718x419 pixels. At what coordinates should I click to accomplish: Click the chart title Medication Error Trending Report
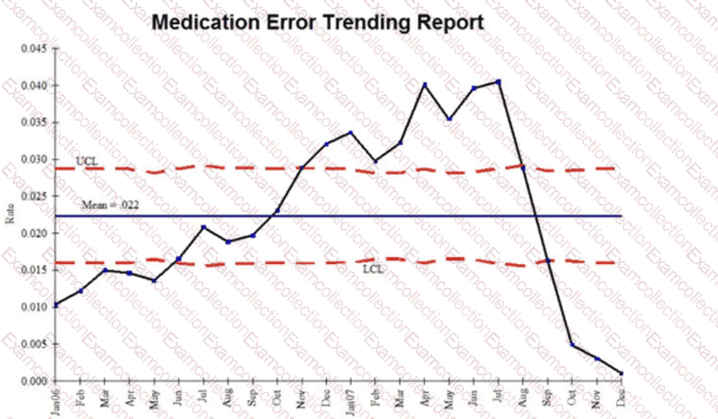318,22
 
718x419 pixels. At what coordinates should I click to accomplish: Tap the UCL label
87,161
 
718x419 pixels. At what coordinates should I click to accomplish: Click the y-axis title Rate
10,214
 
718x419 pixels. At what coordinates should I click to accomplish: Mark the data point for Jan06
57,305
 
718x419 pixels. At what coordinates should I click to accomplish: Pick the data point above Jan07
351,133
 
